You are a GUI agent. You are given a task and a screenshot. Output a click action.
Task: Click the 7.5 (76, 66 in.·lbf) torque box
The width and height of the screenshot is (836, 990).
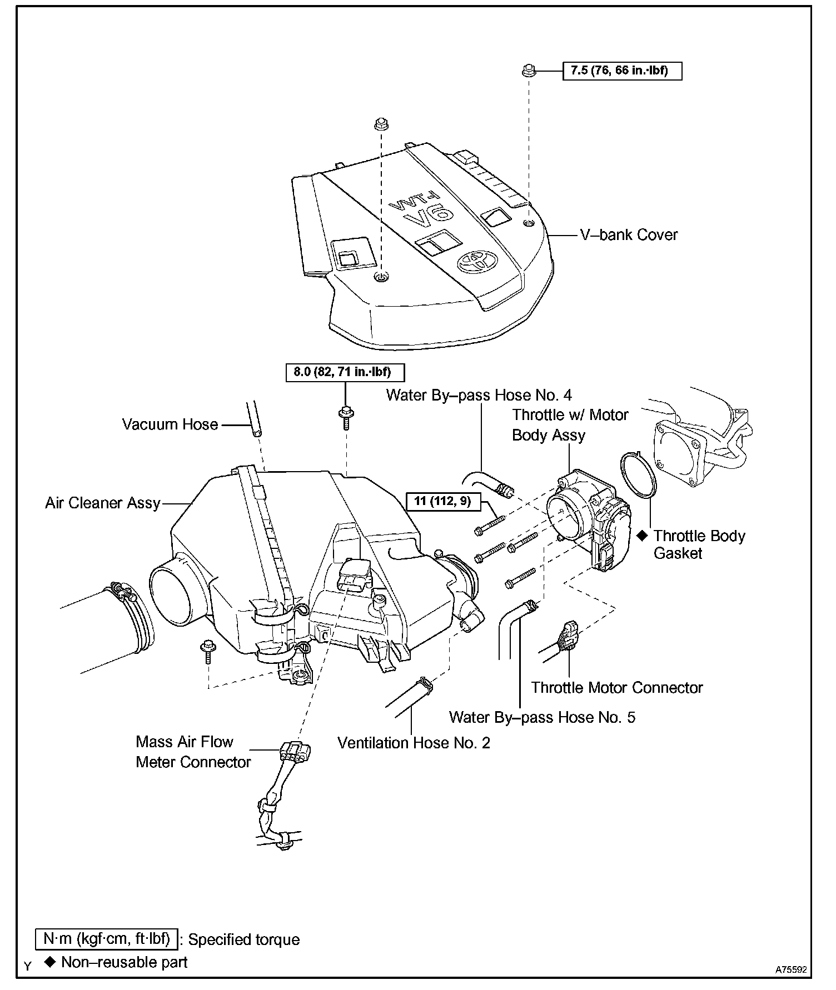(x=622, y=71)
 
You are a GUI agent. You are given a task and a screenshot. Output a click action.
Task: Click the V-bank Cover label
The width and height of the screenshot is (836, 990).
(x=629, y=234)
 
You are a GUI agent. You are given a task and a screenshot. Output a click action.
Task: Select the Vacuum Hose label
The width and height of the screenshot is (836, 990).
(x=170, y=424)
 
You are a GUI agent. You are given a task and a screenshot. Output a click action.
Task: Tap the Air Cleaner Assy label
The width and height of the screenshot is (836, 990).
(x=103, y=503)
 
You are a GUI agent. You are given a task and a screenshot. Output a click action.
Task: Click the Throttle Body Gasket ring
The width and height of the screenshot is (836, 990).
(x=638, y=475)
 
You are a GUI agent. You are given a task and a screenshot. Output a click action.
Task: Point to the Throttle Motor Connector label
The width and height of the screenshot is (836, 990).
(x=617, y=688)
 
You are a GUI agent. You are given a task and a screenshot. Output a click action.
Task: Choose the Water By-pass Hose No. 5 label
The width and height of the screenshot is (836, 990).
(x=542, y=717)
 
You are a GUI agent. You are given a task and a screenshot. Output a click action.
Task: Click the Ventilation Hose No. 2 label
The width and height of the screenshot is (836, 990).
(x=414, y=743)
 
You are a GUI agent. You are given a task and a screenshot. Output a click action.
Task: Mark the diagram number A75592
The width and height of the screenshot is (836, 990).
(x=791, y=969)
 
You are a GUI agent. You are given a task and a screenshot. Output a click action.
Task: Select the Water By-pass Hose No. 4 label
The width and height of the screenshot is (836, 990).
(x=479, y=395)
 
